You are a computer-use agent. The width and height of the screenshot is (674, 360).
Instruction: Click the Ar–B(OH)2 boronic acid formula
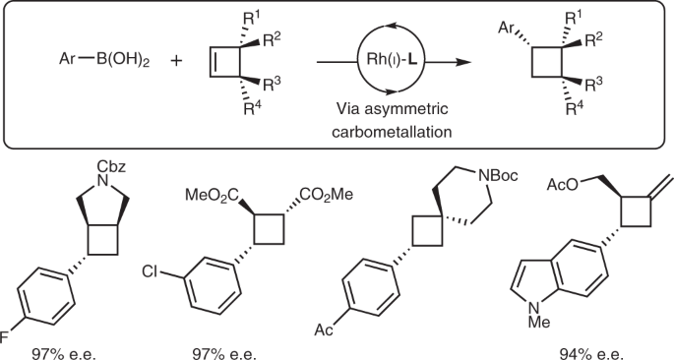[x=93, y=60]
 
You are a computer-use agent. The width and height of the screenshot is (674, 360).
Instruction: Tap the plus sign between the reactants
[x=177, y=60]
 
